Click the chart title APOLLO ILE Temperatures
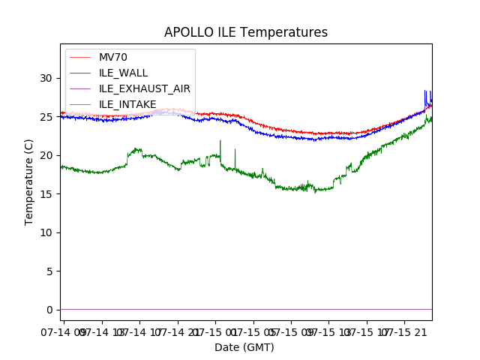click(246, 33)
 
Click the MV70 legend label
click(113, 57)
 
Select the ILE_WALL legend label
click(123, 73)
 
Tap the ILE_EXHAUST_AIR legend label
click(145, 88)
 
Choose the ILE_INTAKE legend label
click(127, 104)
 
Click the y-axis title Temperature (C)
click(29, 181)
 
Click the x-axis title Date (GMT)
click(244, 347)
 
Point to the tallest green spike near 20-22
click(220, 141)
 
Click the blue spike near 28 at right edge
click(425, 91)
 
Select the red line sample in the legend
click(81, 57)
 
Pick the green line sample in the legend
click(81, 73)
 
